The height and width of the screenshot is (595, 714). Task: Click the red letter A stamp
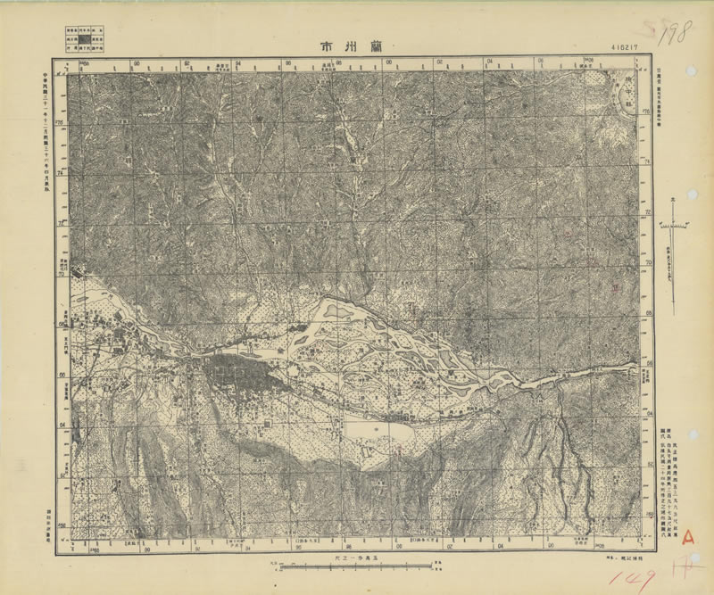687,536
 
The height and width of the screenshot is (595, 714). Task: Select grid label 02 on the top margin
441,63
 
